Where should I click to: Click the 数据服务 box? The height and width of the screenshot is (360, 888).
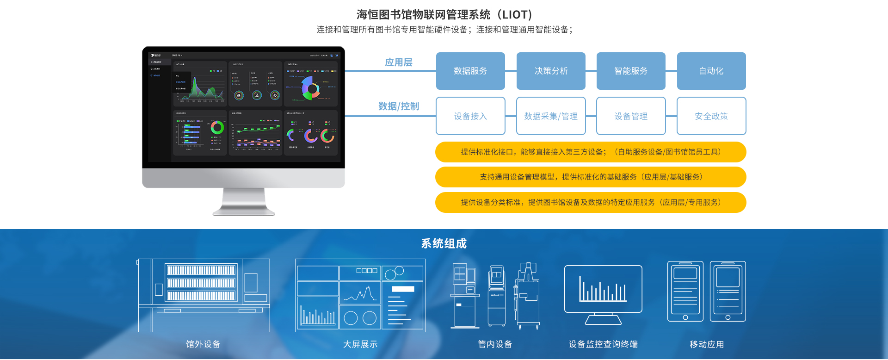click(470, 71)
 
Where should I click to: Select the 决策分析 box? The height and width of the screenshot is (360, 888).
click(551, 71)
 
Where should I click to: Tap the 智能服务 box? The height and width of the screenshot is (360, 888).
click(631, 71)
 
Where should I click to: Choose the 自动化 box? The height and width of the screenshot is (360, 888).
click(711, 71)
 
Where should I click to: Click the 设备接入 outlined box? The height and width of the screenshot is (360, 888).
click(470, 116)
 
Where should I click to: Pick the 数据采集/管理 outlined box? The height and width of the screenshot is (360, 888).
click(551, 116)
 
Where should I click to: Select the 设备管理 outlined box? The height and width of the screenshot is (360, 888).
click(631, 116)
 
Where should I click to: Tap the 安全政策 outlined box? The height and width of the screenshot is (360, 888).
click(711, 116)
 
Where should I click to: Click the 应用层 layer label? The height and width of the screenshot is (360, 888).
click(398, 62)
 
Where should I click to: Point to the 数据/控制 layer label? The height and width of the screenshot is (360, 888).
click(398, 106)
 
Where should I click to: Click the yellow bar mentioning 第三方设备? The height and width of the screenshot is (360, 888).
click(591, 152)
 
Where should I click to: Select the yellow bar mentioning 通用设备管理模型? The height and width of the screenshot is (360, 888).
click(591, 177)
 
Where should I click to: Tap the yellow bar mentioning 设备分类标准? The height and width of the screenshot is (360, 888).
click(591, 202)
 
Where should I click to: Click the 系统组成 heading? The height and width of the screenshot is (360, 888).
click(444, 243)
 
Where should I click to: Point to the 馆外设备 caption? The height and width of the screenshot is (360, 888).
click(203, 344)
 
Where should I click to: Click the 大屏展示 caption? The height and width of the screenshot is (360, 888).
click(360, 344)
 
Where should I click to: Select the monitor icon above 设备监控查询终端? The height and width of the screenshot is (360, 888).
click(603, 292)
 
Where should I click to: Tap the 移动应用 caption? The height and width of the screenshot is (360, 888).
click(707, 344)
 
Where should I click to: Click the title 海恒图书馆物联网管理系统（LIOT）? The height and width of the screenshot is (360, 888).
click(444, 15)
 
